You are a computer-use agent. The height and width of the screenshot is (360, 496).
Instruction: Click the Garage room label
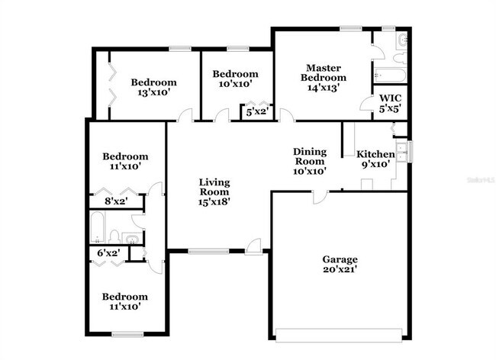pyautogui.click(x=340, y=259)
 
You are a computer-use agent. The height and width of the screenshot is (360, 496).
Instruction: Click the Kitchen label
pyautogui.click(x=375, y=154)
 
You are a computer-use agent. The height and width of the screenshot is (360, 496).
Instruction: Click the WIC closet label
pyautogui.click(x=390, y=98)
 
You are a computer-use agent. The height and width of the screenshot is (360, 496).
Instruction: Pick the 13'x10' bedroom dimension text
pyautogui.click(x=153, y=93)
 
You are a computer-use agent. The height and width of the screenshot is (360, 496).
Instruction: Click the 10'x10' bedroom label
pyautogui.click(x=235, y=84)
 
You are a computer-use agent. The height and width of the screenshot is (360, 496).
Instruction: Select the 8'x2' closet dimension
pyautogui.click(x=114, y=201)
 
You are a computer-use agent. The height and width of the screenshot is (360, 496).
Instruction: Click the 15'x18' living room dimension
pyautogui.click(x=214, y=201)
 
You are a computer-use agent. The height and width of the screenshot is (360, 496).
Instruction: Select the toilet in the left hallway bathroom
pyautogui.click(x=113, y=236)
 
